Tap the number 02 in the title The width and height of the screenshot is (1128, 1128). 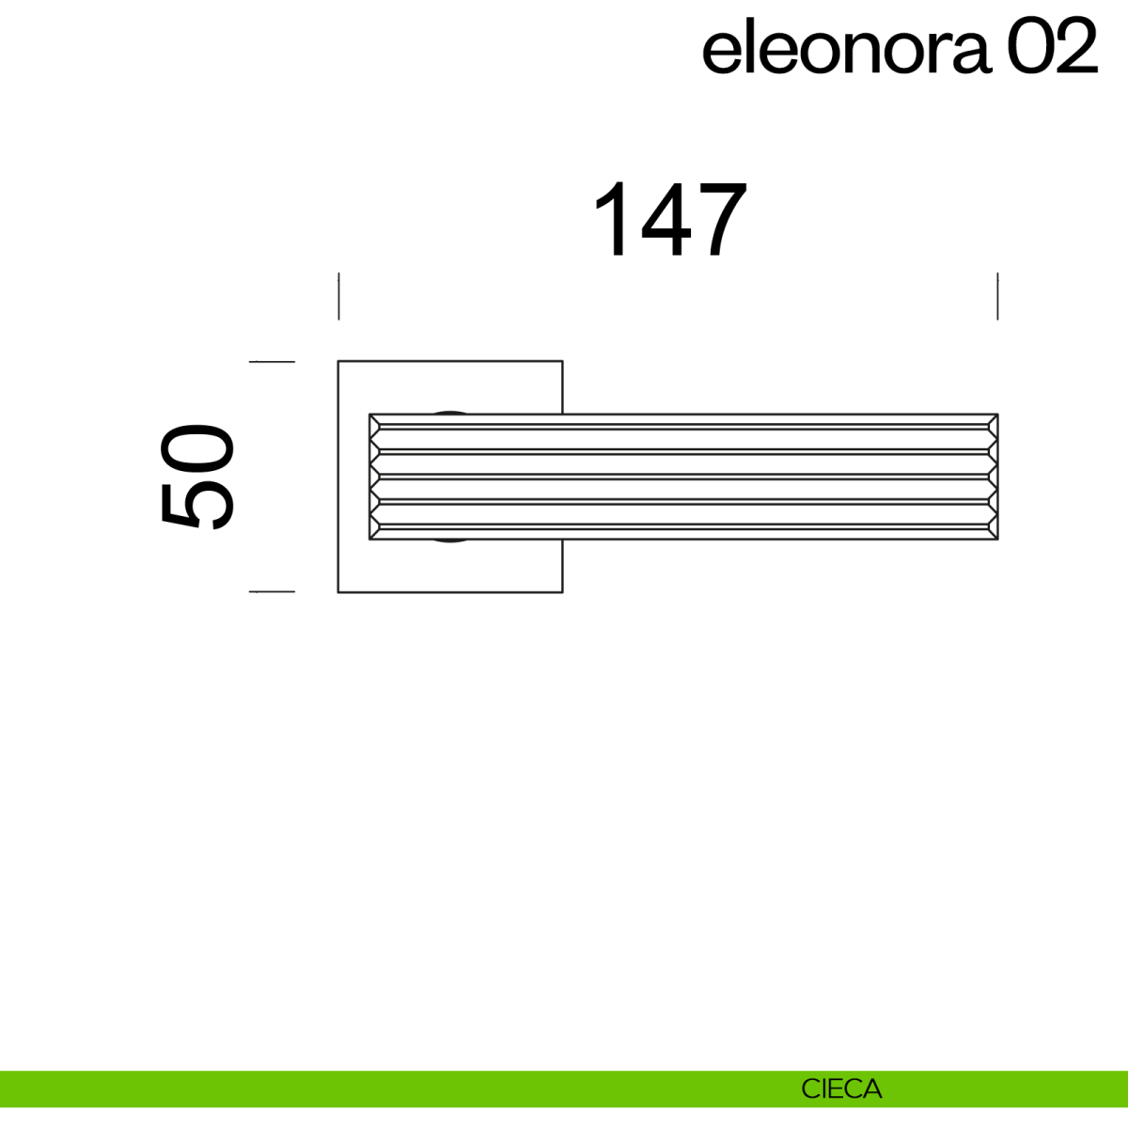[x=1053, y=45]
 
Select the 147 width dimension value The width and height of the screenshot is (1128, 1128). [x=670, y=220]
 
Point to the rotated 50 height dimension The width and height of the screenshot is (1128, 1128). [x=197, y=477]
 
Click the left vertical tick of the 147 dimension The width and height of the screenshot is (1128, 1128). [x=339, y=296]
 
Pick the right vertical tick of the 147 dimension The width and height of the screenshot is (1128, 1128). [x=997, y=296]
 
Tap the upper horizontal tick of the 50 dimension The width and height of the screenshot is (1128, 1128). [x=272, y=362]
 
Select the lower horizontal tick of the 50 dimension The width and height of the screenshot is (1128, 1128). [x=272, y=592]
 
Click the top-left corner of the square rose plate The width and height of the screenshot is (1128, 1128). [x=338, y=361]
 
